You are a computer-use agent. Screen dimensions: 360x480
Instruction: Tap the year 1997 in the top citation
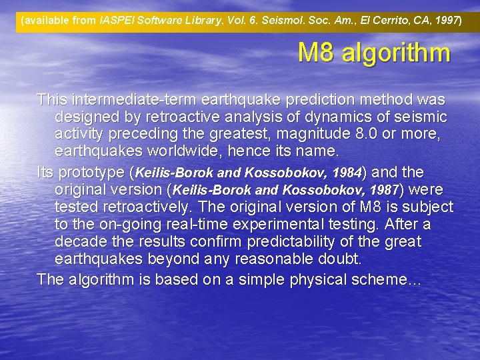pyautogui.click(x=445, y=21)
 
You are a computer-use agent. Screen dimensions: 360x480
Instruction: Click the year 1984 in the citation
pyautogui.click(x=345, y=173)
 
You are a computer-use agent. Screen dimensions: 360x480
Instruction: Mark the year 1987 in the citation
pyautogui.click(x=381, y=190)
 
